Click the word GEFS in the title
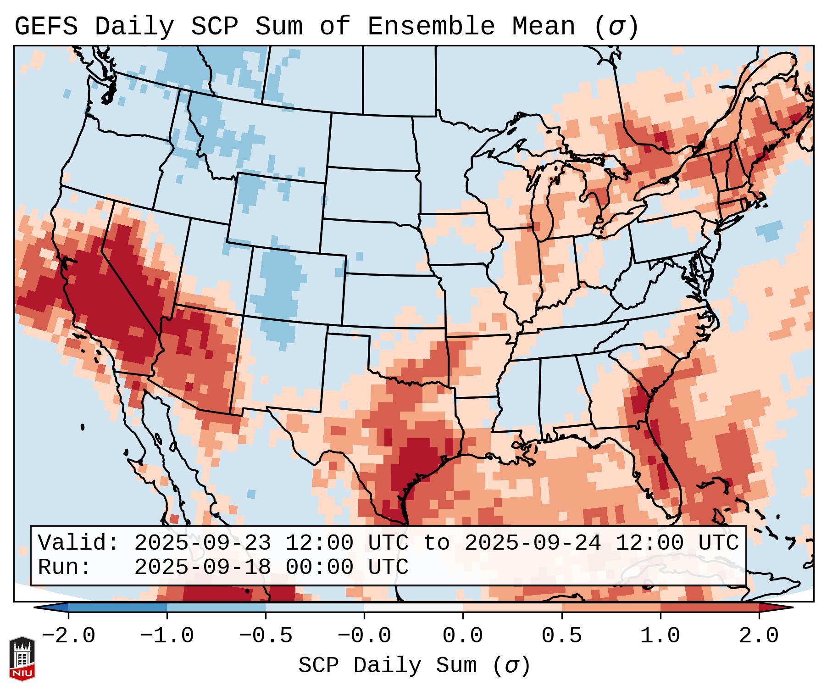[x=46, y=27]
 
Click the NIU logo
[x=22, y=658]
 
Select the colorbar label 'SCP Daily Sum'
[x=388, y=666]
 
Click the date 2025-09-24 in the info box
[x=533, y=543]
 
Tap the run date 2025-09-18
[x=202, y=568]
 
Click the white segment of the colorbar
[x=413, y=607]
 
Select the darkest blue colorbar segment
[x=117, y=607]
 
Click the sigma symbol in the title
[x=616, y=27]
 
